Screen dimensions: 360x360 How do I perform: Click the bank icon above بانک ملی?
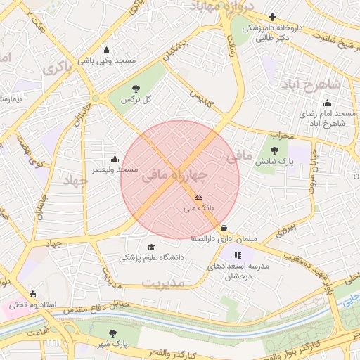(x=198, y=198)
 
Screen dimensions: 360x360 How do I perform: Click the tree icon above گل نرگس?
(x=136, y=89)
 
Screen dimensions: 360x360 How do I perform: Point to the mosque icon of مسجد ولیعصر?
(x=115, y=159)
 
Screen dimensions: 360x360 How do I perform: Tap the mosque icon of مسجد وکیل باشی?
(x=106, y=50)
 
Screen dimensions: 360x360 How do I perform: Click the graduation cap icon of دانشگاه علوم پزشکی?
(x=150, y=247)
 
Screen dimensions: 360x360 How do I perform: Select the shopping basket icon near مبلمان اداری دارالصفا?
(x=224, y=228)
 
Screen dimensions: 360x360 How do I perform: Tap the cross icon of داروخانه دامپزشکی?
(x=272, y=17)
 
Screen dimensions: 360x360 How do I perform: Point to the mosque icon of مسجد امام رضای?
(x=327, y=102)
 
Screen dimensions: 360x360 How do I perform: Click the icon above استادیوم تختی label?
(x=32, y=294)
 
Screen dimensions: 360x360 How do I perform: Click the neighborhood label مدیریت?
(x=162, y=282)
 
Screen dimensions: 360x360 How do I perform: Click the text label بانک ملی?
(x=197, y=209)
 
